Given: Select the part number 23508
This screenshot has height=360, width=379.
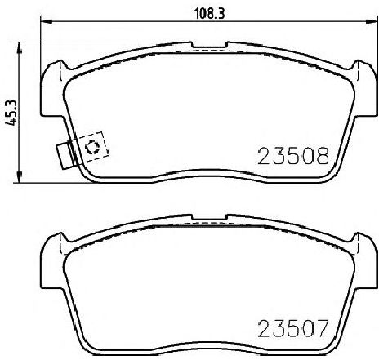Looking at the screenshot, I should pos(294,156).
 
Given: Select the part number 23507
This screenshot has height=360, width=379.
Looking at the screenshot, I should pos(294,331).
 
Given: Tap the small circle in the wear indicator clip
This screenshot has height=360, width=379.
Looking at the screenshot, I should pos(91,148).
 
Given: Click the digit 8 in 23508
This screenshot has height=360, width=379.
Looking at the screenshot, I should pos(323,156).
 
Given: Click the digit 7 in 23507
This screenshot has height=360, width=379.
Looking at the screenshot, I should pos(323,331).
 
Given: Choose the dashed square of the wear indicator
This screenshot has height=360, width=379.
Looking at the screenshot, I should pos(91,148).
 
